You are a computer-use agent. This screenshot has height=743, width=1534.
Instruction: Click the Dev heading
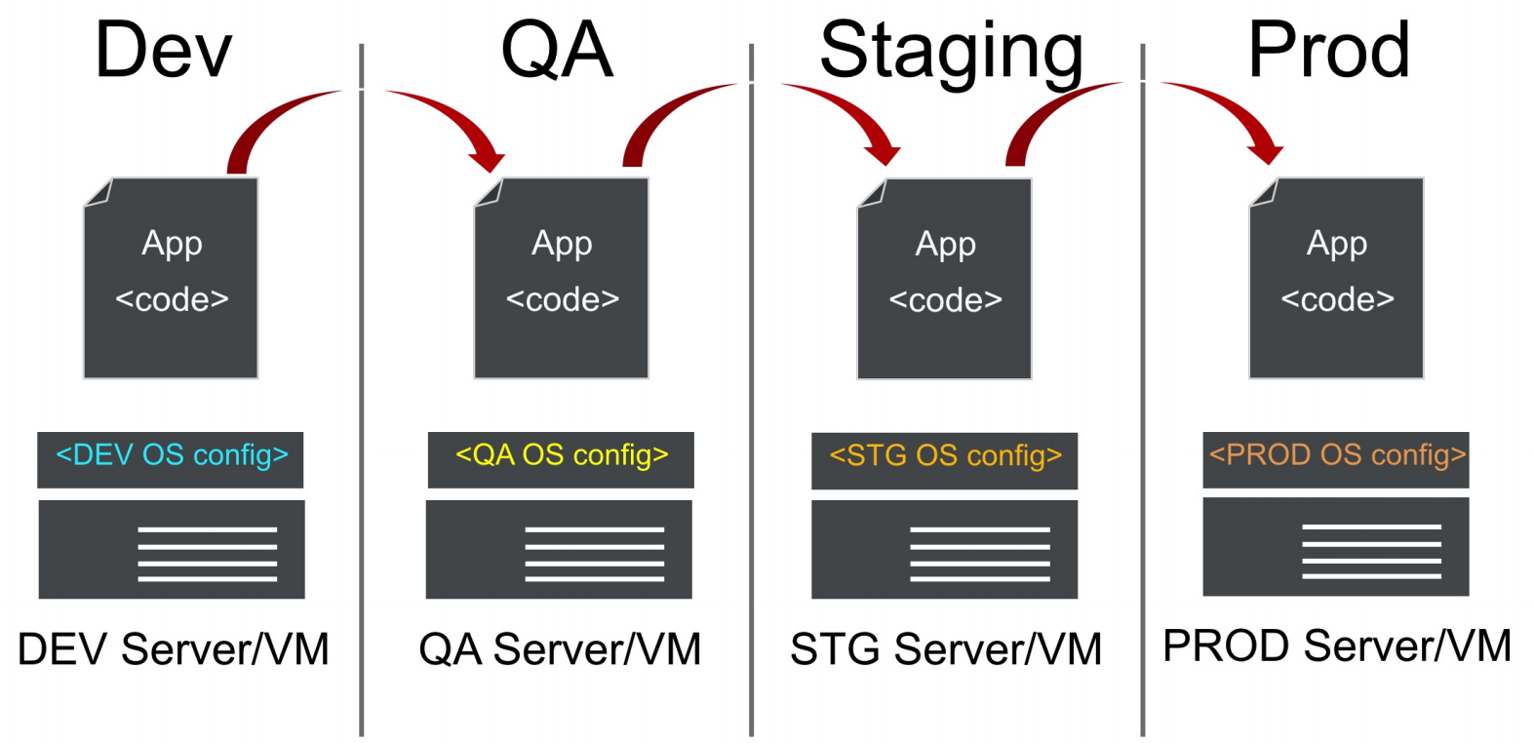coord(163,51)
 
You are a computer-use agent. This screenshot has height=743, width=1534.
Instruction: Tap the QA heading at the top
coord(557,51)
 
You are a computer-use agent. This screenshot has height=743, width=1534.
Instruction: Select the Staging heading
coord(951,53)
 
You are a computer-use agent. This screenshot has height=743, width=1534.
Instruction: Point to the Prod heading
coord(1328,51)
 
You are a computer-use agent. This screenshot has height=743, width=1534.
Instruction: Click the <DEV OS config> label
coord(172,455)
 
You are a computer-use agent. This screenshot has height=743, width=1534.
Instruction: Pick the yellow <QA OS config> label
coord(562,455)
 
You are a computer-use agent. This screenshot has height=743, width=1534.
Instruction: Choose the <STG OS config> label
coord(945,456)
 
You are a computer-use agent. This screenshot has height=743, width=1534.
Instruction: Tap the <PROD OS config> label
coord(1337,455)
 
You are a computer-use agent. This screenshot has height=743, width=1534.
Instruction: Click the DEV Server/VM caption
coord(174,649)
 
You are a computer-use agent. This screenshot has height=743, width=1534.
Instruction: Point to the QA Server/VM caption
coord(560,649)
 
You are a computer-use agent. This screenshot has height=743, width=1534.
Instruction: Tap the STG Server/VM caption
coord(945,649)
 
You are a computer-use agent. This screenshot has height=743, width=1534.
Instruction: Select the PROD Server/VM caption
coord(1337,645)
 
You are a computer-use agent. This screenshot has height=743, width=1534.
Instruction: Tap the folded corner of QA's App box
coord(488,192)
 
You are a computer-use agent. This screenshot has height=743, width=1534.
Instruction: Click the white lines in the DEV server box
coord(207,554)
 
